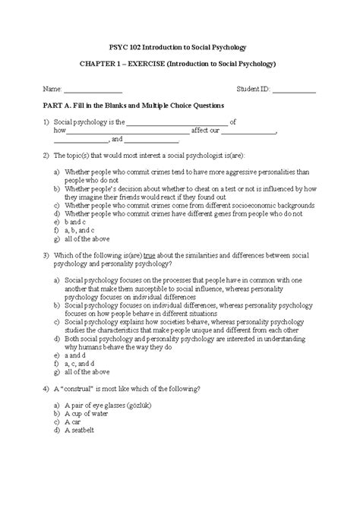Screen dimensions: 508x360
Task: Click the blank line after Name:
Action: coord(93,90)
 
